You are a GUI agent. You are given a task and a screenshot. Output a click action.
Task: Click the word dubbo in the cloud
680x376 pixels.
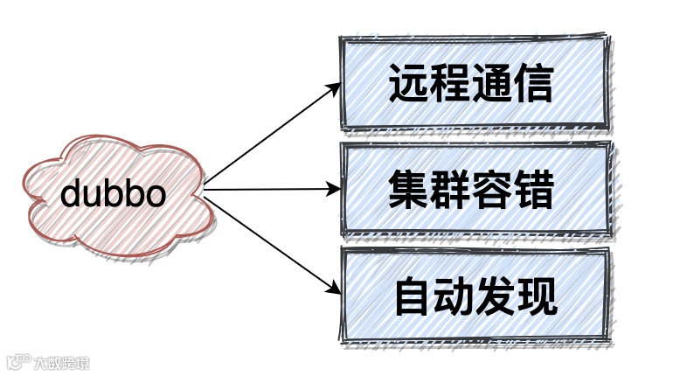(x=113, y=193)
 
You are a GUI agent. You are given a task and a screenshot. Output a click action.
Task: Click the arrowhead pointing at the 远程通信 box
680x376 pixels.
(x=333, y=87)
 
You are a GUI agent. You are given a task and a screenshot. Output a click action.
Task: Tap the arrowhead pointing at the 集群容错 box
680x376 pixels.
(x=335, y=188)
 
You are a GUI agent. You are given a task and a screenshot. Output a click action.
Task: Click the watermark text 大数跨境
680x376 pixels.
(x=61, y=363)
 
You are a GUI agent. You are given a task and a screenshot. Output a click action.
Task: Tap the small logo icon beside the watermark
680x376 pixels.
(x=18, y=362)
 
